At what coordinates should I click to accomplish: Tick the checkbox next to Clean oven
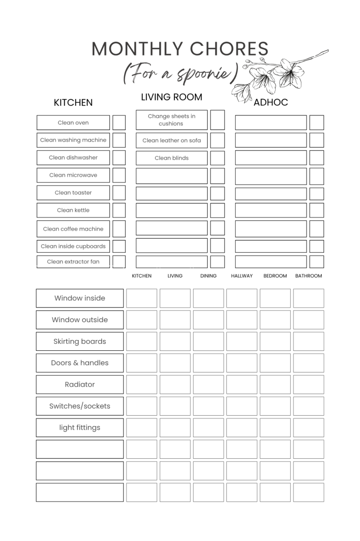119,123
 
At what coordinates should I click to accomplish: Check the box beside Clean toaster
119,193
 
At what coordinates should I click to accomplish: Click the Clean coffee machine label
73,229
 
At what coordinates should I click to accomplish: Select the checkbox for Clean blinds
217,158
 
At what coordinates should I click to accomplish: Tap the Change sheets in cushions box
172,120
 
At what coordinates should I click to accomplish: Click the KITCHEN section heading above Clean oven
73,102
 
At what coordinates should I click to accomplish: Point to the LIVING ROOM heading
172,97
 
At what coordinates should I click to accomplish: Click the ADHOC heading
270,102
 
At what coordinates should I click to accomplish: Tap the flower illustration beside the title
277,75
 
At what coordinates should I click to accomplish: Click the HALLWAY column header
242,276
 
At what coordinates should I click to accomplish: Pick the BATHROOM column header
308,276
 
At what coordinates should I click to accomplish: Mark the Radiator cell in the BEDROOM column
275,385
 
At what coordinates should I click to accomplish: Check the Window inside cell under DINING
209,298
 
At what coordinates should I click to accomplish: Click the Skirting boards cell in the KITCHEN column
142,341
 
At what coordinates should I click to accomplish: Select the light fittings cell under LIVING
175,428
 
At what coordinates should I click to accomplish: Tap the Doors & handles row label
80,363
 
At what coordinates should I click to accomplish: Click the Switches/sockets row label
80,406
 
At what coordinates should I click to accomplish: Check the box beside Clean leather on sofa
217,140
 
